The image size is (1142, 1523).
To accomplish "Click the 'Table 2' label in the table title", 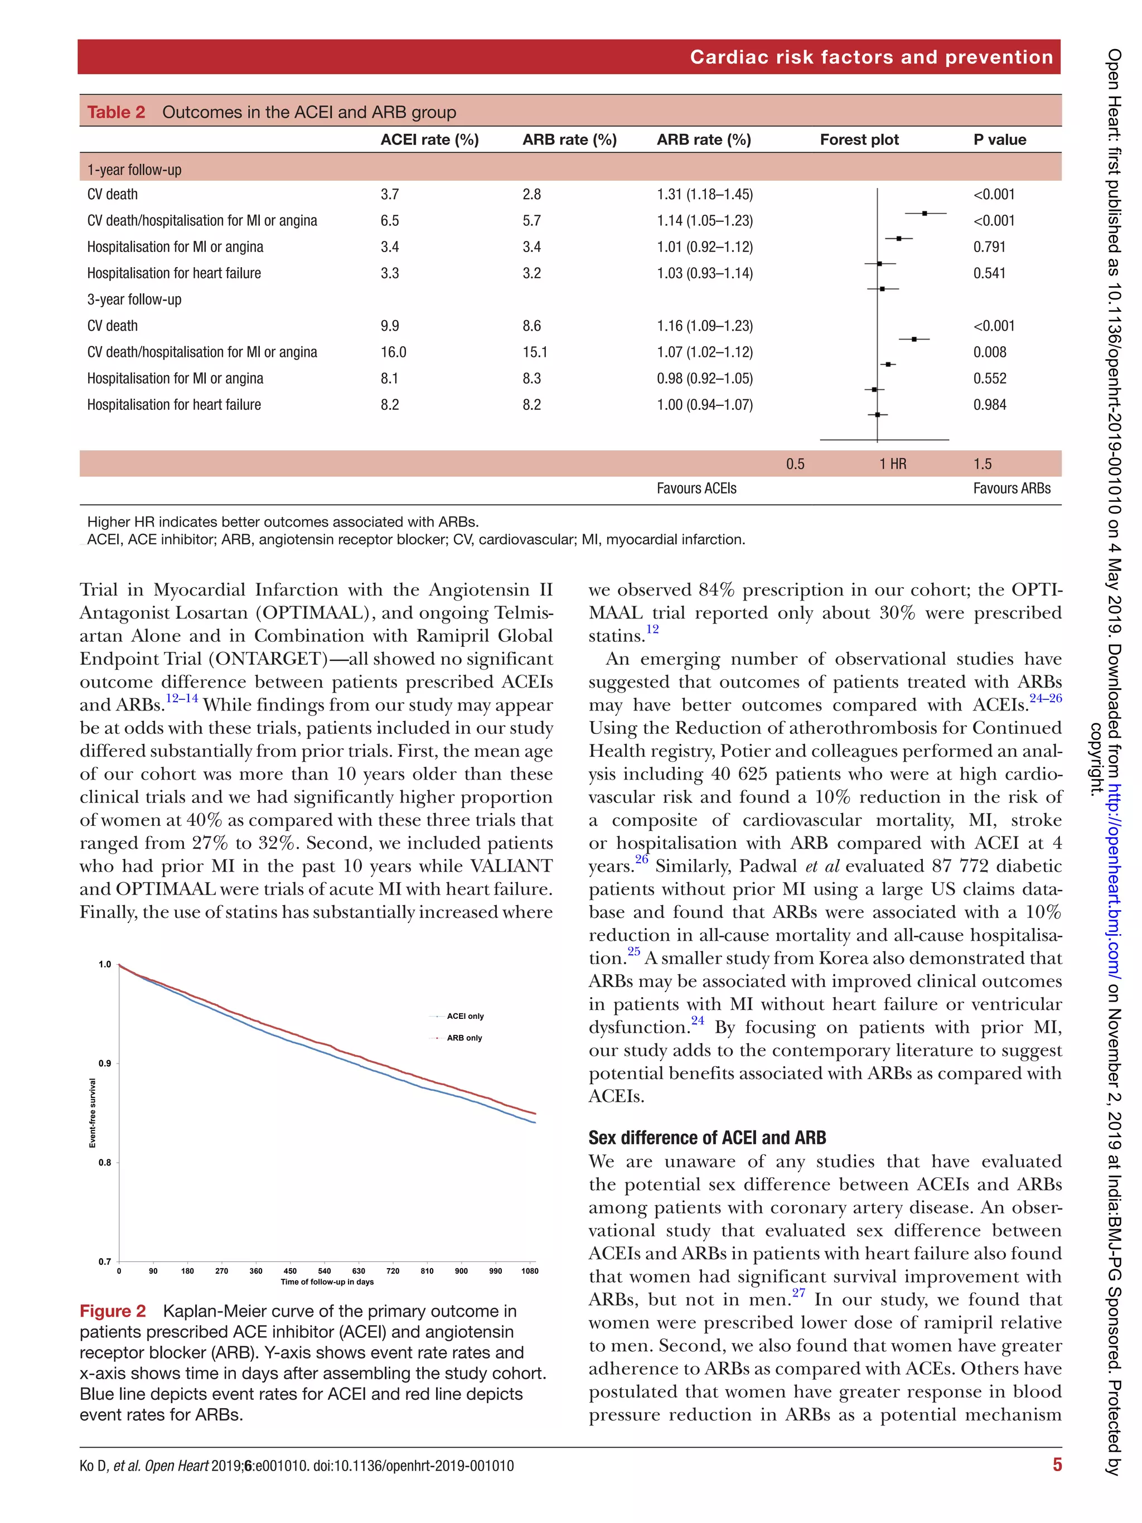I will point(115,112).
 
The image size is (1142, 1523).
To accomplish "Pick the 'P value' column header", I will point(999,140).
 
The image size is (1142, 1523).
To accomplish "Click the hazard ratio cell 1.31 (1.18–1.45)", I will point(704,194).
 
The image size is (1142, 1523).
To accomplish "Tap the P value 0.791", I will point(989,246).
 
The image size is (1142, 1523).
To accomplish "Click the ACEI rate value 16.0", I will point(393,352).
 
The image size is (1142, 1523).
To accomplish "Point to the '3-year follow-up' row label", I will point(134,299).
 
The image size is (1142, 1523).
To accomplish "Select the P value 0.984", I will point(989,405).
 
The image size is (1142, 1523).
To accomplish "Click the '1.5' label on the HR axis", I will point(983,464).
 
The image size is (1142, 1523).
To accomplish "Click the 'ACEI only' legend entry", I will point(464,1016).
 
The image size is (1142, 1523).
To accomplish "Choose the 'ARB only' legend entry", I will point(464,1038).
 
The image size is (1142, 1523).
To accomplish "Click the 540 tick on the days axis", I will point(324,1271).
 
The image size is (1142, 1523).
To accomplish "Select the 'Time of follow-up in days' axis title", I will point(327,1282).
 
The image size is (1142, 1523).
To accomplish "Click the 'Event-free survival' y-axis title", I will point(92,1113).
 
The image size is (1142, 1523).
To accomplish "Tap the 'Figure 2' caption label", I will point(113,1311).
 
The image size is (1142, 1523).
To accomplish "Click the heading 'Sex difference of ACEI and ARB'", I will point(707,1138).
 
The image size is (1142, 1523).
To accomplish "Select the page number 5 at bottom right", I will point(1057,1465).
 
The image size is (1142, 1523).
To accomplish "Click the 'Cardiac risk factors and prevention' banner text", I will point(871,57).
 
